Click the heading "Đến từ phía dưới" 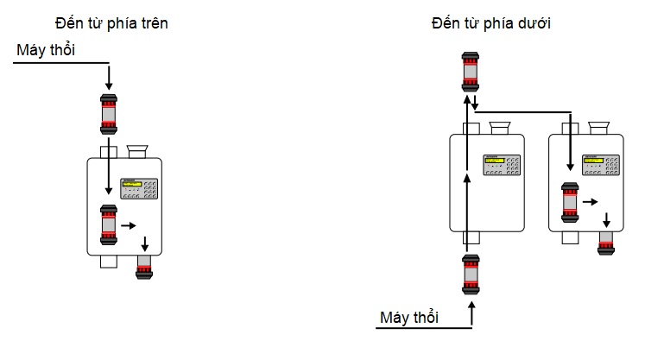coord(491,23)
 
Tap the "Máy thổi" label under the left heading coord(47,51)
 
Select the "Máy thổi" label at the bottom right coord(409,318)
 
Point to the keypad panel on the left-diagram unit coord(140,188)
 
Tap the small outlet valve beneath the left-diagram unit coord(144,267)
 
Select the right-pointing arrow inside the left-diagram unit coord(129,226)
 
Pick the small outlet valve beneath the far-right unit coord(607,242)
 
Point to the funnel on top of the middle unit coord(498,129)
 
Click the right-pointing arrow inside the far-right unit coord(590,202)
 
